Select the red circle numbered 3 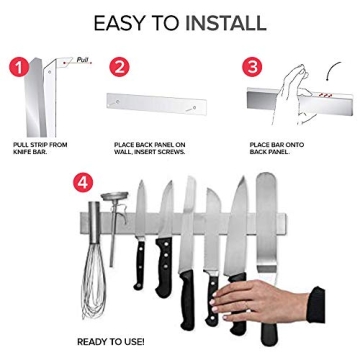tap(252, 67)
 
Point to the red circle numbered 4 tap(83, 182)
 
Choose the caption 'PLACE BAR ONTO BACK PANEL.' tap(276, 147)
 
